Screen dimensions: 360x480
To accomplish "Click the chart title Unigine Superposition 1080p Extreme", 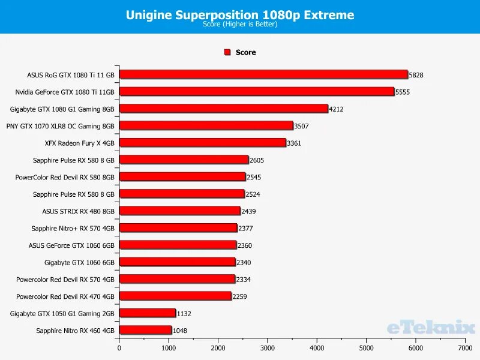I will pos(240,15).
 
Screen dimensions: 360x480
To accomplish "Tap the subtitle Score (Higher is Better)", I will pos(240,25).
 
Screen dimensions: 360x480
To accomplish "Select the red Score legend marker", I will pos(227,52).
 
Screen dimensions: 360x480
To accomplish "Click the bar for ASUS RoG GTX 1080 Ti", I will pos(263,75).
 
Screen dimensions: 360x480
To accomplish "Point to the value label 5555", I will pos(403,92).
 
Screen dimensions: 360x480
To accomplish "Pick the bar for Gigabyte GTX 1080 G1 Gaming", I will pos(223,109).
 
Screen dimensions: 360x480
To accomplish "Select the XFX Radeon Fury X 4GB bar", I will pos(202,143).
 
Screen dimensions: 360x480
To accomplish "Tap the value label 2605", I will pos(257,160).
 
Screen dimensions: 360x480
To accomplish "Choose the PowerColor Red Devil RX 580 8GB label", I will pos(65,177).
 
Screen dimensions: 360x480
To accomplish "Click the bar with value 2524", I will pos(182,194).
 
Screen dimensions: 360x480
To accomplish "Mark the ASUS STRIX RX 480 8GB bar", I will pos(179,211).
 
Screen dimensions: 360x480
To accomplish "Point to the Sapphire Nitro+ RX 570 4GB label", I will pos(73,228).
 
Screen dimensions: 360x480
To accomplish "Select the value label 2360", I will pos(244,245).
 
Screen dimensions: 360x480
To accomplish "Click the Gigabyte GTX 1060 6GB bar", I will pos(177,262).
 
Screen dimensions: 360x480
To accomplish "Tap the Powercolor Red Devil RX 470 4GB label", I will pos(65,296).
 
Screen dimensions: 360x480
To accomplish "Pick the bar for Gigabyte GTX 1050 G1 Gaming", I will pos(147,313).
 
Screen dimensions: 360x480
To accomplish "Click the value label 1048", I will pos(180,331).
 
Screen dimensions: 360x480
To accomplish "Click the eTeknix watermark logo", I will pos(431,327).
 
